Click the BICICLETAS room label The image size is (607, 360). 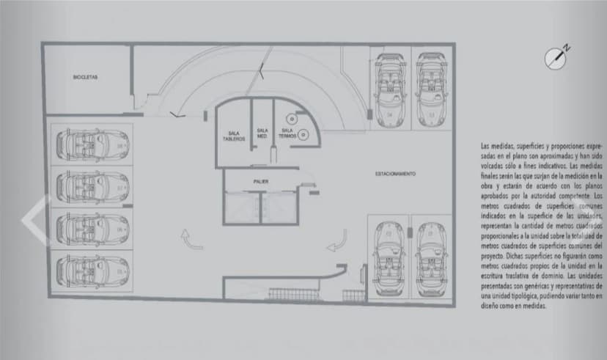86,77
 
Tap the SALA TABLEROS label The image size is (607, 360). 234,136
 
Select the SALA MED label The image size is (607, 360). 262,133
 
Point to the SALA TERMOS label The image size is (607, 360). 287,133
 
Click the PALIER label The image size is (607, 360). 260,180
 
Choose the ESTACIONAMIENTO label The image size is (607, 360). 395,174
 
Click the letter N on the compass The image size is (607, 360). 567,48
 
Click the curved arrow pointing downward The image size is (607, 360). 341,238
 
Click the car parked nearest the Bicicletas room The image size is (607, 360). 90,144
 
